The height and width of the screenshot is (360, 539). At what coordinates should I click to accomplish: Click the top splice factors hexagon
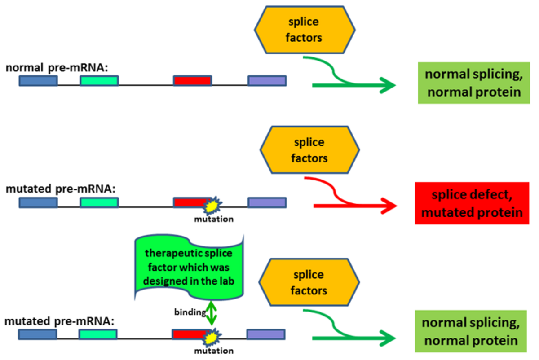(x=305, y=30)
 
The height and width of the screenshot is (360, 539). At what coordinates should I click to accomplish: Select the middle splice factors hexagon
(x=309, y=149)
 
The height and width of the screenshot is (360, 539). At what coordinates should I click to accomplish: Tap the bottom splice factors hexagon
(x=309, y=282)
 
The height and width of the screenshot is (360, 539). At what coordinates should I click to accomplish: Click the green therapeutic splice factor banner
(x=189, y=267)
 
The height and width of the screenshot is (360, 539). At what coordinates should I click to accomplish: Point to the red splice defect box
(x=472, y=203)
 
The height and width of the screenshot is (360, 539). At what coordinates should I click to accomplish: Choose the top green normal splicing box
(x=474, y=83)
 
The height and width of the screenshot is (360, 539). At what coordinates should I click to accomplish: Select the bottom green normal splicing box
(x=471, y=331)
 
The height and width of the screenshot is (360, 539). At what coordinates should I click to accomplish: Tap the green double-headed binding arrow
(x=211, y=313)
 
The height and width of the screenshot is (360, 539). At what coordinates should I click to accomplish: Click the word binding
(x=190, y=312)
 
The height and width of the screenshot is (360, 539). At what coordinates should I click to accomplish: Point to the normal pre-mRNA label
(x=57, y=68)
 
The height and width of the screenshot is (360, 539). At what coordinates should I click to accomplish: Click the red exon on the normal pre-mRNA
(x=193, y=80)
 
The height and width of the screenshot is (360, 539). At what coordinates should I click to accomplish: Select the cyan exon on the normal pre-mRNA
(x=99, y=80)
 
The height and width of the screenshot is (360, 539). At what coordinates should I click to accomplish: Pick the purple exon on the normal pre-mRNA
(x=267, y=80)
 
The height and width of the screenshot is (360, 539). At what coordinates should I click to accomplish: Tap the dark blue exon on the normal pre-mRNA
(x=38, y=80)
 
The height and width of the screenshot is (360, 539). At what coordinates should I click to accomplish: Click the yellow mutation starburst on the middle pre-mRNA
(x=212, y=206)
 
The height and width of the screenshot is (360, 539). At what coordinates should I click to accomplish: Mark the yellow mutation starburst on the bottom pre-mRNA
(x=212, y=338)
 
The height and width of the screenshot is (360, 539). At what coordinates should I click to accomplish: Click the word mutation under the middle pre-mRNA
(x=214, y=219)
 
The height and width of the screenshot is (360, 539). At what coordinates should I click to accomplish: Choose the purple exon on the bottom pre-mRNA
(x=266, y=334)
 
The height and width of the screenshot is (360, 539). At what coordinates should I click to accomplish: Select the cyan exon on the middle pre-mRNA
(x=99, y=202)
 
